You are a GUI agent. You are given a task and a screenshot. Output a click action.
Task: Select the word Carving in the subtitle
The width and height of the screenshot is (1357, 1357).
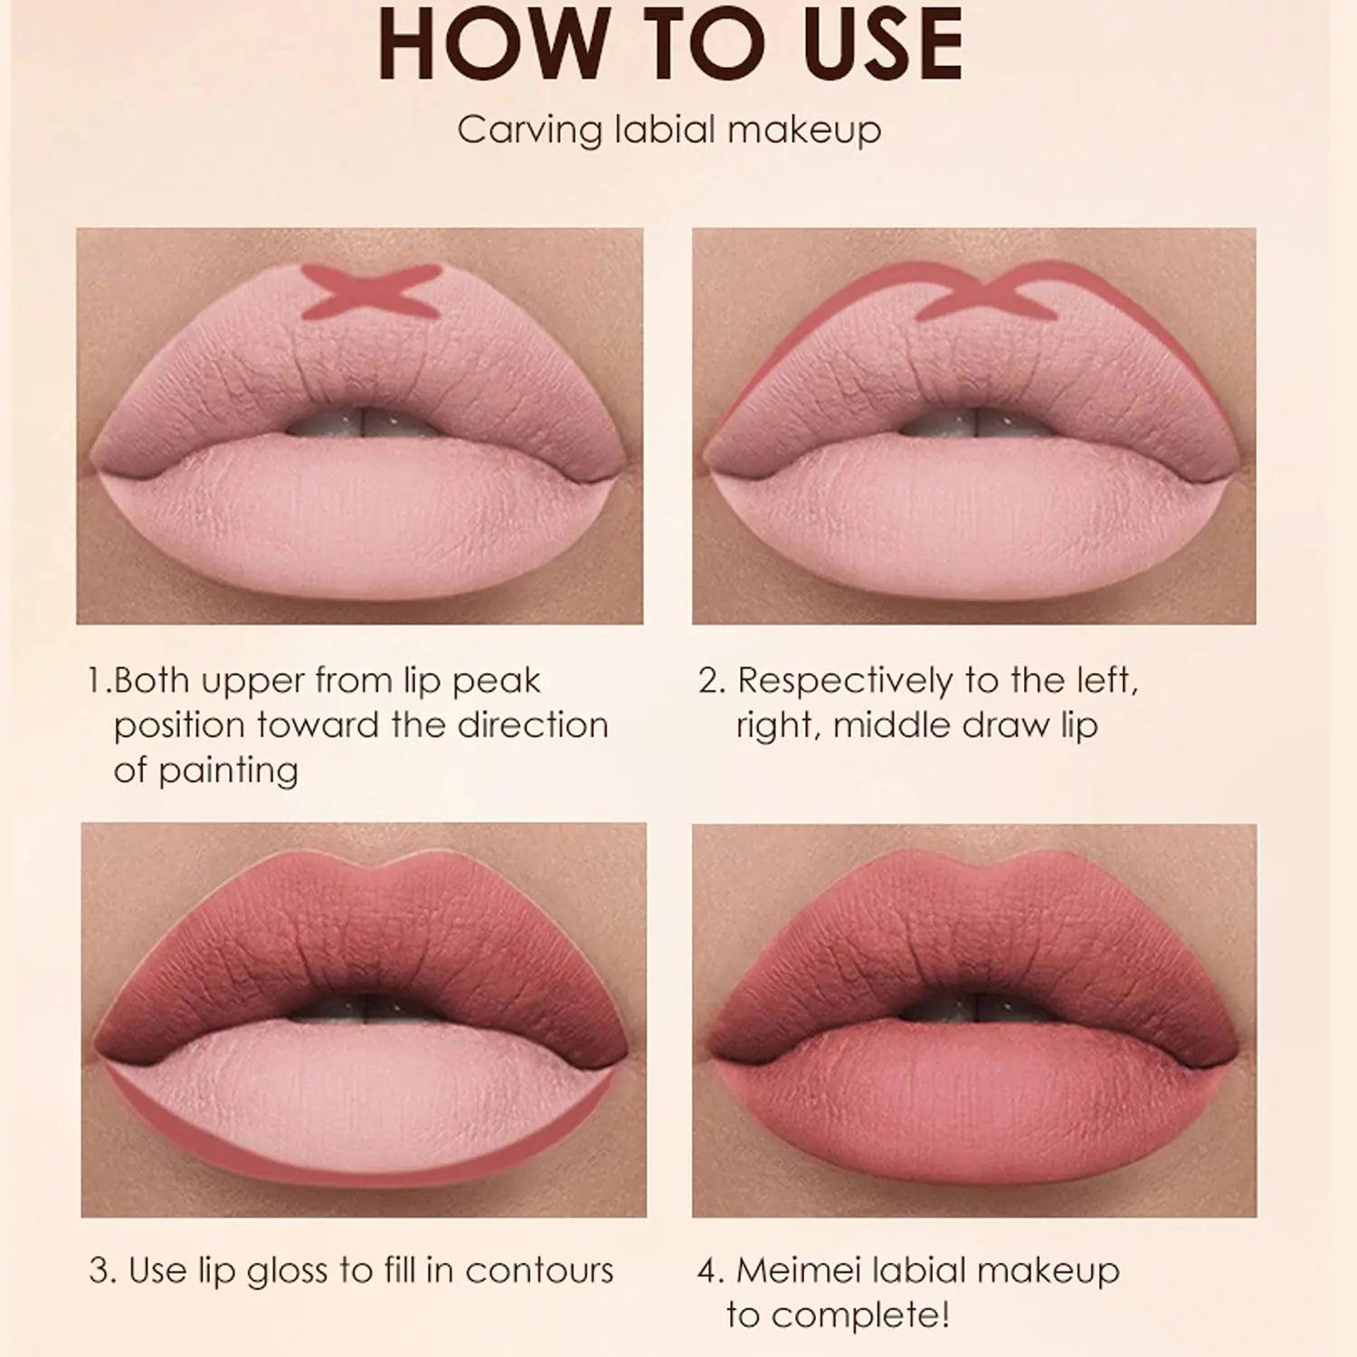530,129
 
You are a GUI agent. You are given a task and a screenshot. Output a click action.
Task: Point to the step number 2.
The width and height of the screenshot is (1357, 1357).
710,681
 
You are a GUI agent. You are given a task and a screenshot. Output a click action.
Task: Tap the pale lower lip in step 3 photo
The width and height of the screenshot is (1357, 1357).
362,1090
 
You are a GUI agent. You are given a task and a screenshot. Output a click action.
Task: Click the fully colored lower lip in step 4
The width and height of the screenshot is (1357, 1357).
973,1099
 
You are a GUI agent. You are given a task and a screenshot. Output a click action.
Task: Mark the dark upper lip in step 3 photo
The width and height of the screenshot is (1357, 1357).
362,941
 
